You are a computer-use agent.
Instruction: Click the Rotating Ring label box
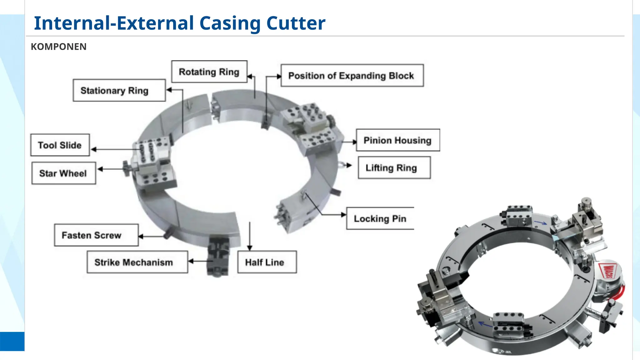209,72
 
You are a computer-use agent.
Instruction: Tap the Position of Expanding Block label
352,76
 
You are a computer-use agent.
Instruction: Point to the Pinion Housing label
397,140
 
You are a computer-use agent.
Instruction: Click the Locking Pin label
380,218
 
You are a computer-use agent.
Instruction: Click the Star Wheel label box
63,173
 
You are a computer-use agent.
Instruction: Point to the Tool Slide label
60,145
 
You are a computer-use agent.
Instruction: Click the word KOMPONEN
58,47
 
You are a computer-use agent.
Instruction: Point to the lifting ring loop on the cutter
341,164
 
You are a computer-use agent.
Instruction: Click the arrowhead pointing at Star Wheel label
100,169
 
